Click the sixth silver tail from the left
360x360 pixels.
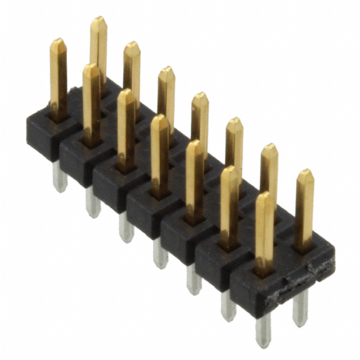[x=228, y=305]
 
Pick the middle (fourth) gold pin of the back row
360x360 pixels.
[x=200, y=121]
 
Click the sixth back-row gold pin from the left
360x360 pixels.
[x=269, y=169]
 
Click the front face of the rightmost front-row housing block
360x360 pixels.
[x=247, y=298]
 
